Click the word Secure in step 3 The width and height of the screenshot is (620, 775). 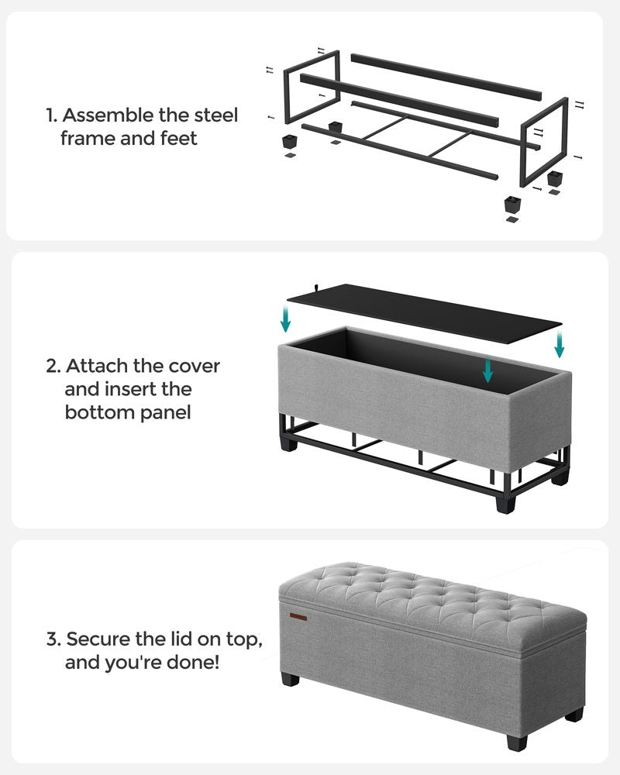[96, 640]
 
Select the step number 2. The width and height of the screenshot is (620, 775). [52, 366]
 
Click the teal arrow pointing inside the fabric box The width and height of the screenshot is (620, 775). [487, 370]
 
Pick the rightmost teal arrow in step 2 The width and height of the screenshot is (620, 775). [560, 344]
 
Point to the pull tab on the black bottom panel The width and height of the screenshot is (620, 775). [319, 286]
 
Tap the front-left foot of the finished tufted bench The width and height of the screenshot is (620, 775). [291, 680]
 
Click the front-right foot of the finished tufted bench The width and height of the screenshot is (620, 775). [515, 742]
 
